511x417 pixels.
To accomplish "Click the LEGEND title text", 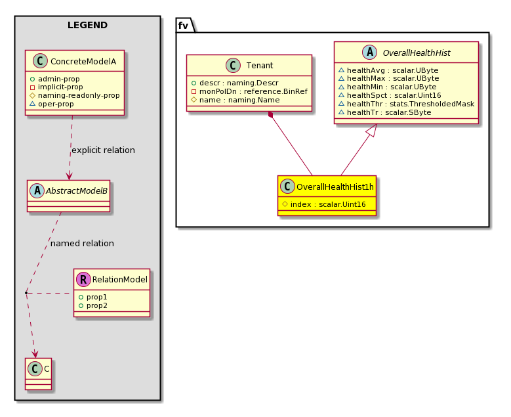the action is [x=87, y=25].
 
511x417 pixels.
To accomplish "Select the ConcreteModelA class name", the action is [x=83, y=61].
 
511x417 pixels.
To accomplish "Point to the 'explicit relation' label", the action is [x=103, y=150].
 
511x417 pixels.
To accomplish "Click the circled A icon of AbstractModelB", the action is [x=37, y=191].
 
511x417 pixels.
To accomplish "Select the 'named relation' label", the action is [x=82, y=244].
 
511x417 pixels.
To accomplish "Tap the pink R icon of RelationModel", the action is [x=83, y=279].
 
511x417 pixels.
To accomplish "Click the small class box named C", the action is [x=39, y=374].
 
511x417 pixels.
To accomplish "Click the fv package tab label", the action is [x=183, y=26].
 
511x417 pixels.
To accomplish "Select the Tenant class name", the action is [x=260, y=66].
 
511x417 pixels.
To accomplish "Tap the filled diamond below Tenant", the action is [x=270, y=115].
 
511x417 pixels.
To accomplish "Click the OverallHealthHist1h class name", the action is [x=335, y=187].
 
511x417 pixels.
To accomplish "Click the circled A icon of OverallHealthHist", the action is [x=370, y=53].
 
